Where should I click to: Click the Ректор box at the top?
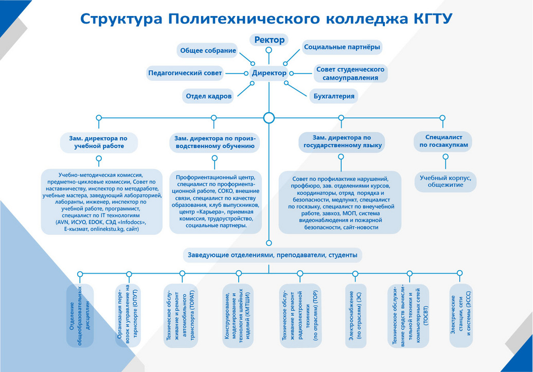tap(269, 40)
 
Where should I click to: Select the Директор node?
tap(269, 73)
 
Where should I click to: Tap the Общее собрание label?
tap(208, 50)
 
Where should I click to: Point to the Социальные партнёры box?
tap(342, 47)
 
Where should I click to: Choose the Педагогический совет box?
tap(185, 73)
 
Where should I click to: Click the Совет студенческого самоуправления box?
tap(350, 74)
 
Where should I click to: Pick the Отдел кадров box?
tap(208, 96)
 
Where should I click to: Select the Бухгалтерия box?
tap(334, 96)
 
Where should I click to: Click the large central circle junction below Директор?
tap(269, 118)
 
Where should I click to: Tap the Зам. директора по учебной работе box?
tap(99, 142)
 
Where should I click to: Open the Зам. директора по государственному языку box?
tap(342, 142)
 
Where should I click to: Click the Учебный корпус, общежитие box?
tap(446, 182)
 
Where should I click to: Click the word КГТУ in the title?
tap(428, 19)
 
